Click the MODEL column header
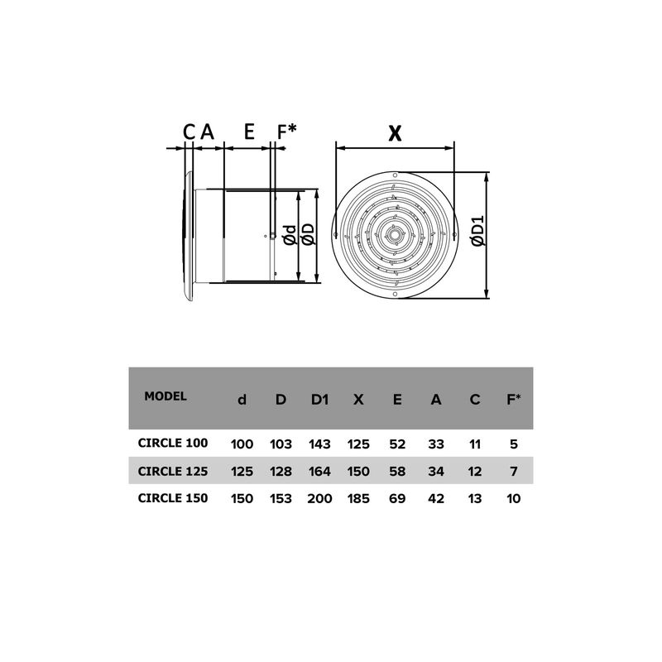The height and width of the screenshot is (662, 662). [x=165, y=396]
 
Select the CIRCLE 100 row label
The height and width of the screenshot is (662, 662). [x=172, y=444]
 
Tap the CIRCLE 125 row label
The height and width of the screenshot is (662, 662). [x=172, y=471]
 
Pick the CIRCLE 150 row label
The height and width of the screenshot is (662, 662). [x=172, y=498]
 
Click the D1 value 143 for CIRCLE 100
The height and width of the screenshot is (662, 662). [x=319, y=444]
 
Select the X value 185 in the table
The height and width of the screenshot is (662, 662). [x=358, y=499]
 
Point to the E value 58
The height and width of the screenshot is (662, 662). [x=397, y=472]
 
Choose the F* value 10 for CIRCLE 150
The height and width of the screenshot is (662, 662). [x=513, y=499]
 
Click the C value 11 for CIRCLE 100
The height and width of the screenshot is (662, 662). [x=474, y=444]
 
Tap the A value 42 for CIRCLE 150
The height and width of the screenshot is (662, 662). [x=435, y=499]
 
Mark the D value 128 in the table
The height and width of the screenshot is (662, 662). [x=281, y=472]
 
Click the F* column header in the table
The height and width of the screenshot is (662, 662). [x=513, y=399]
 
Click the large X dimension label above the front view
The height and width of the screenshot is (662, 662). [x=395, y=132]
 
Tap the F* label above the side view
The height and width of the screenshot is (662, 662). [x=286, y=132]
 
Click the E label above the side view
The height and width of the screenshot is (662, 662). [x=248, y=132]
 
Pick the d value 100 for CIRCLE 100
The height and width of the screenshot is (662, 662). [x=242, y=444]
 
